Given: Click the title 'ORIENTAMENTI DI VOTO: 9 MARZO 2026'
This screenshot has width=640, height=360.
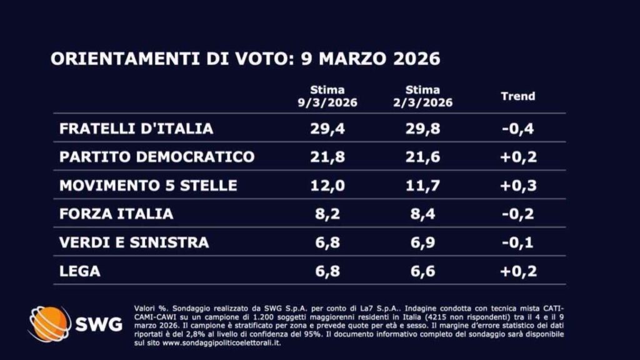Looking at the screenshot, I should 245,59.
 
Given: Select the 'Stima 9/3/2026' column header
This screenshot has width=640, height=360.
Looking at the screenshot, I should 327,96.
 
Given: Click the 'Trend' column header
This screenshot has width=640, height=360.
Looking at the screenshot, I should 518,96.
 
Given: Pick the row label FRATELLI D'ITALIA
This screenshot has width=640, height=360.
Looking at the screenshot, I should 136,129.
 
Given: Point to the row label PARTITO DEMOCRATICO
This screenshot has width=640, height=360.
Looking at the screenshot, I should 156,157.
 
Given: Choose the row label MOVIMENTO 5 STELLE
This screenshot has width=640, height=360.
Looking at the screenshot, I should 148,186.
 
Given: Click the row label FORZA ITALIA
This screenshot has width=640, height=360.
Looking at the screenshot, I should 116,214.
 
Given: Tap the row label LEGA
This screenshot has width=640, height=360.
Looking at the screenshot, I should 79,271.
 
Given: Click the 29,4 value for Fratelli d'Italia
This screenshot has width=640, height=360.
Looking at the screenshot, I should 327,129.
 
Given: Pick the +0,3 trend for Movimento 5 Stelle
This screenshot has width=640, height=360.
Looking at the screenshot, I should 518,186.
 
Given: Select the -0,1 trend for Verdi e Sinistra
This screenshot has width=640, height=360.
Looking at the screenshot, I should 518,242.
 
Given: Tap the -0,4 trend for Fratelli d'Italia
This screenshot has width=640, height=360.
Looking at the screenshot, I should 518,129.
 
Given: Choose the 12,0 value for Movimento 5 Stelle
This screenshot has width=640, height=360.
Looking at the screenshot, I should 327,186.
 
